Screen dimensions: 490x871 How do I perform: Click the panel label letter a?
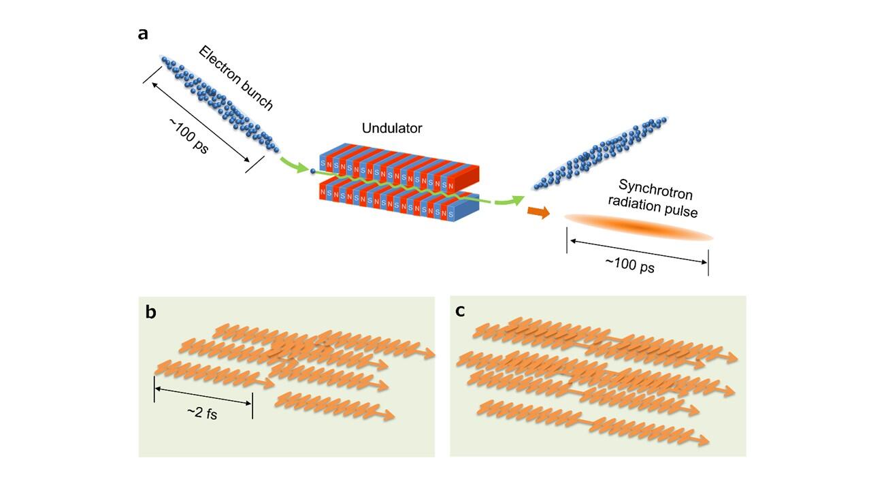(x=143, y=33)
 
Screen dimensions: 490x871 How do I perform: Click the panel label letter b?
(x=151, y=312)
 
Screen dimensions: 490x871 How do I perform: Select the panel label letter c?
(x=460, y=311)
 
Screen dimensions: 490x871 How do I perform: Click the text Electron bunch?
(x=236, y=78)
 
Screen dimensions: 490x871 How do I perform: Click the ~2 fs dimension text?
(x=202, y=412)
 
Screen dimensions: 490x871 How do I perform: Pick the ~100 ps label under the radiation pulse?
(x=630, y=265)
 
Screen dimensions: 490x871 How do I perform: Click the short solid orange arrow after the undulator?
(x=538, y=213)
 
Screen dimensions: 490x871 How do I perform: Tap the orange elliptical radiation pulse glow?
(x=638, y=227)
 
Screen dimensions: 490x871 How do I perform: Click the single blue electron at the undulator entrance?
(x=313, y=171)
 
